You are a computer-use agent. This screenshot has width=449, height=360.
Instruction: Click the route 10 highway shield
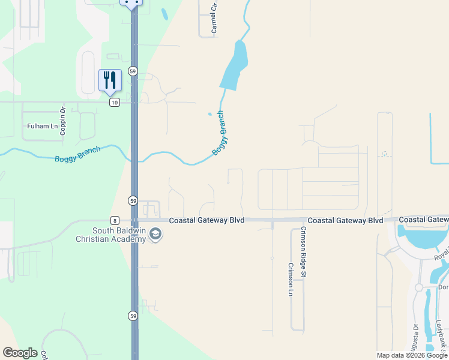[x=114, y=103]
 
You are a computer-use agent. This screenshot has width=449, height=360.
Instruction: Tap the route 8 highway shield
[x=114, y=220]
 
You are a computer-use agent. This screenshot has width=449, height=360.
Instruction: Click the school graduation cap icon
[x=155, y=233]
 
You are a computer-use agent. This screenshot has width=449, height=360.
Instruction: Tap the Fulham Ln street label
[x=42, y=127]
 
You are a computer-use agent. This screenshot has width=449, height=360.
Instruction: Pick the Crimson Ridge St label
[x=304, y=252]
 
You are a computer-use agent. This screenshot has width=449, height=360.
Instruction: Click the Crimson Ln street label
[x=291, y=280]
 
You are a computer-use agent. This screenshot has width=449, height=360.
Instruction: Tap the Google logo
[x=19, y=353]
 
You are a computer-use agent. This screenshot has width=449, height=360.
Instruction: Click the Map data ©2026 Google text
[x=411, y=355]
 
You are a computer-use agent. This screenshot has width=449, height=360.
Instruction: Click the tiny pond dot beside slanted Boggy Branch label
[x=209, y=114]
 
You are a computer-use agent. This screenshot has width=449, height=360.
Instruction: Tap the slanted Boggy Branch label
[x=220, y=133]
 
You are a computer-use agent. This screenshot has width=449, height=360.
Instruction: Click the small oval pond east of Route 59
[x=164, y=13]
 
